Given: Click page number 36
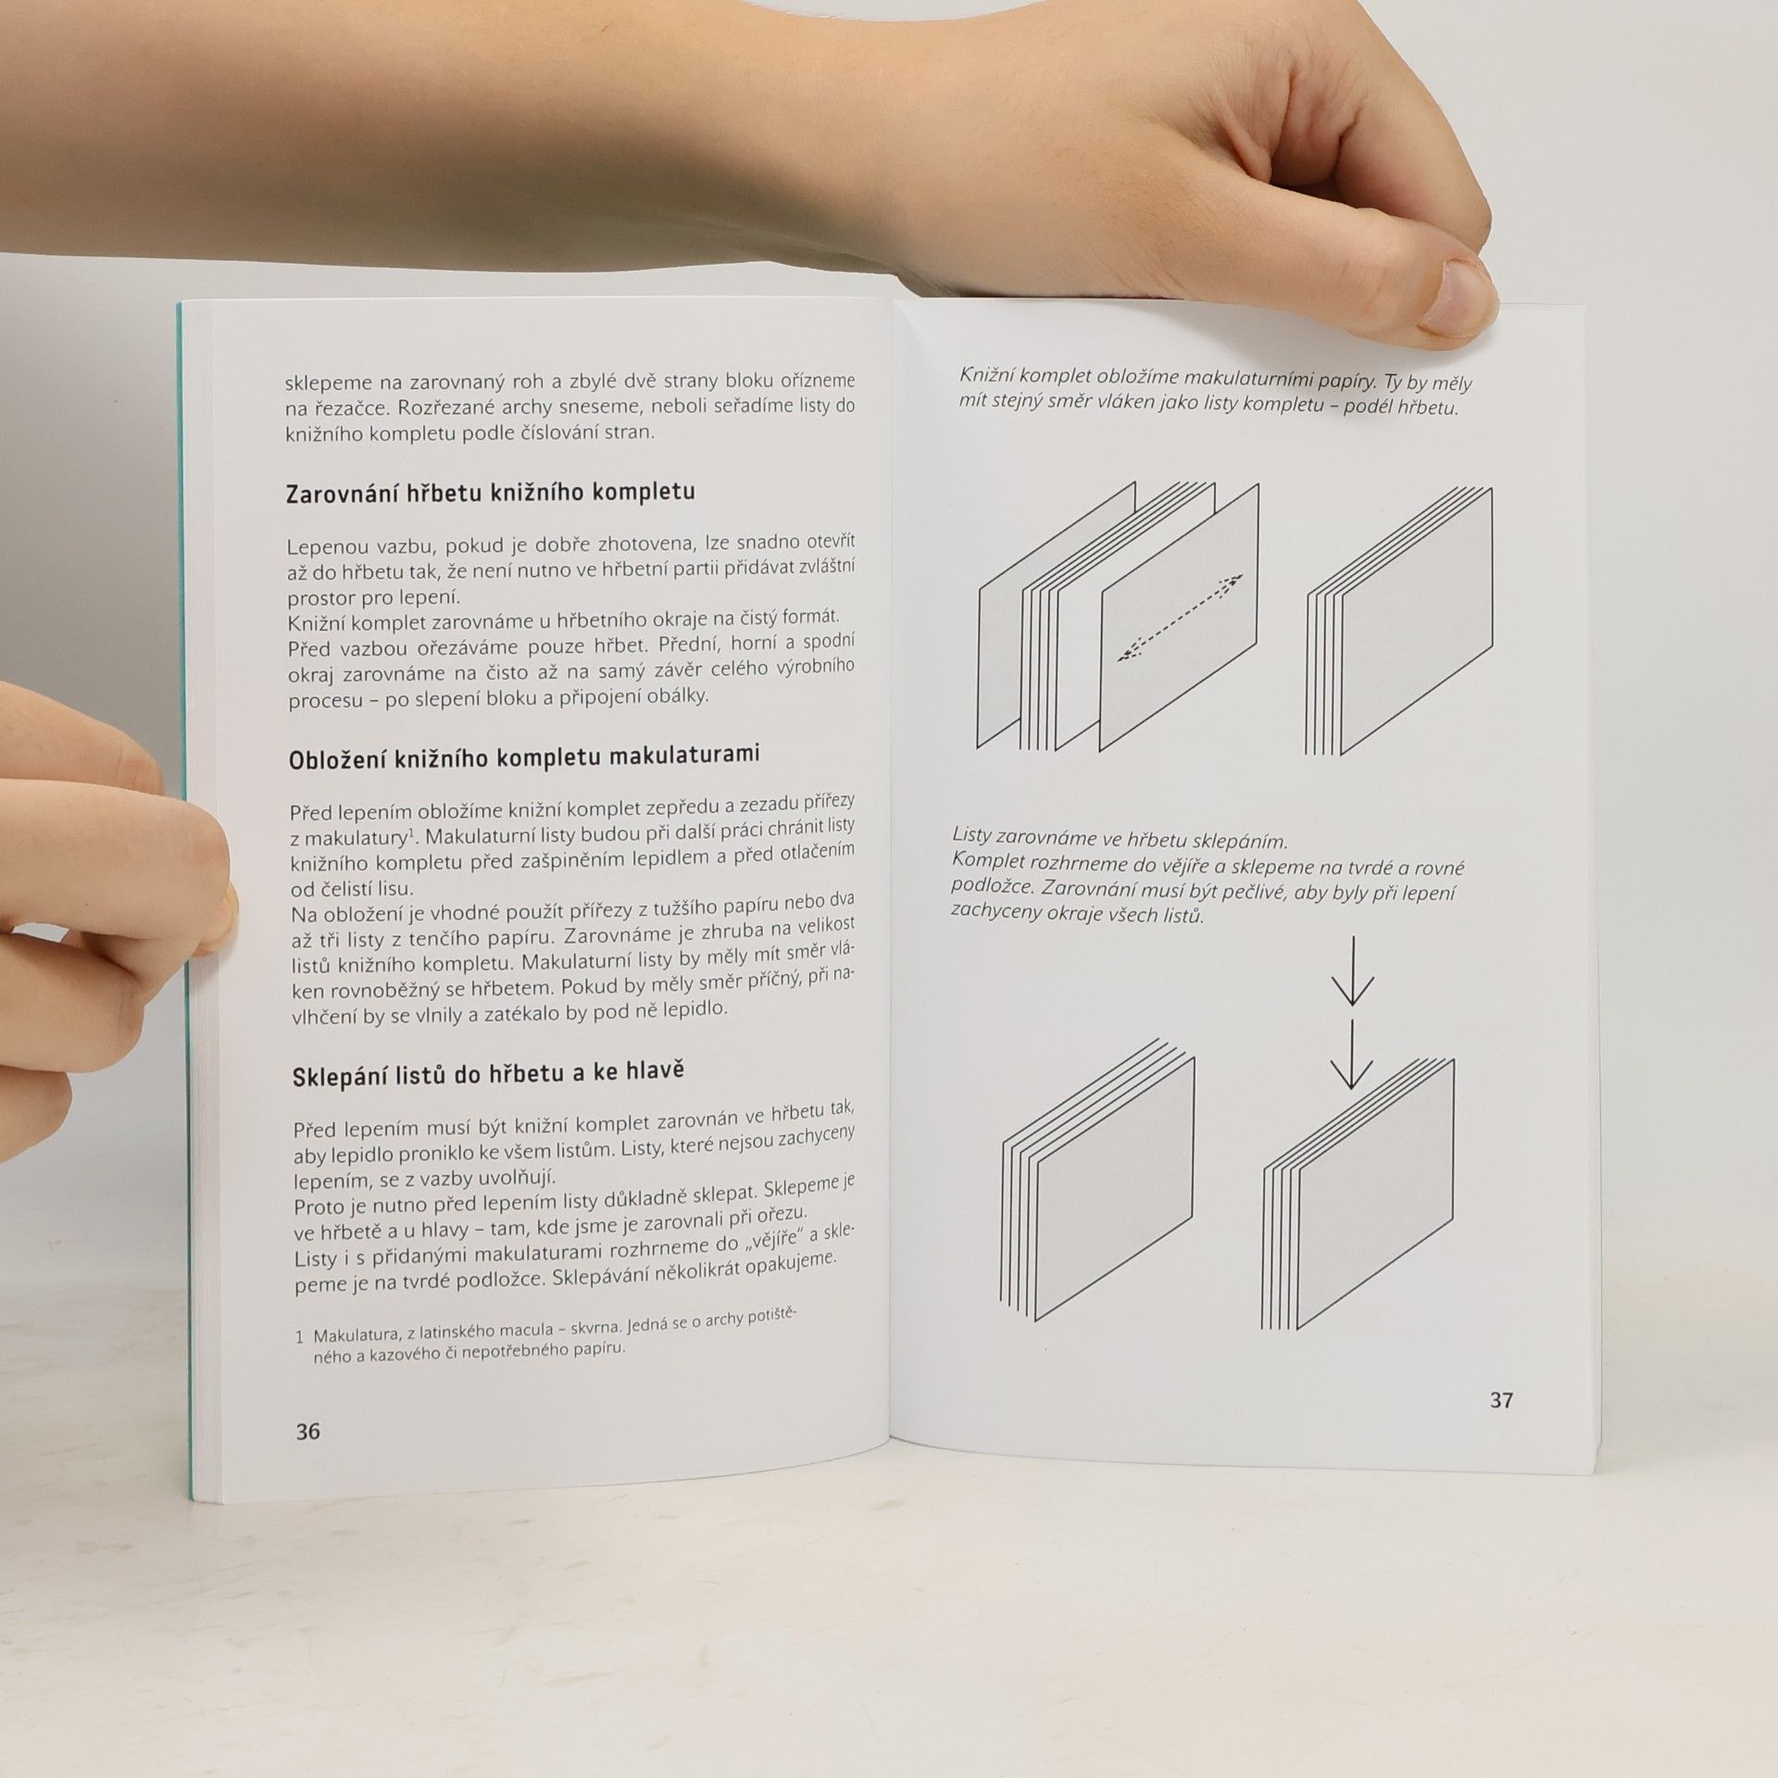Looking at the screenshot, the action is pos(307,1431).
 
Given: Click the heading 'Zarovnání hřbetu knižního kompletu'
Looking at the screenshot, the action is pos(491,493).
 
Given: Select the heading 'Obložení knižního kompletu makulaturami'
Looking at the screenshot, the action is pos(524,757).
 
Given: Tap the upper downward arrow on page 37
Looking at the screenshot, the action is pos(1352,971).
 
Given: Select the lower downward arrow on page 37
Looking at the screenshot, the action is pos(1351,1055).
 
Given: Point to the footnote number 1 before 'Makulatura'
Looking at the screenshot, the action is pos(300,1337).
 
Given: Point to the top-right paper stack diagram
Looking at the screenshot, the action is pos(1399,621).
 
